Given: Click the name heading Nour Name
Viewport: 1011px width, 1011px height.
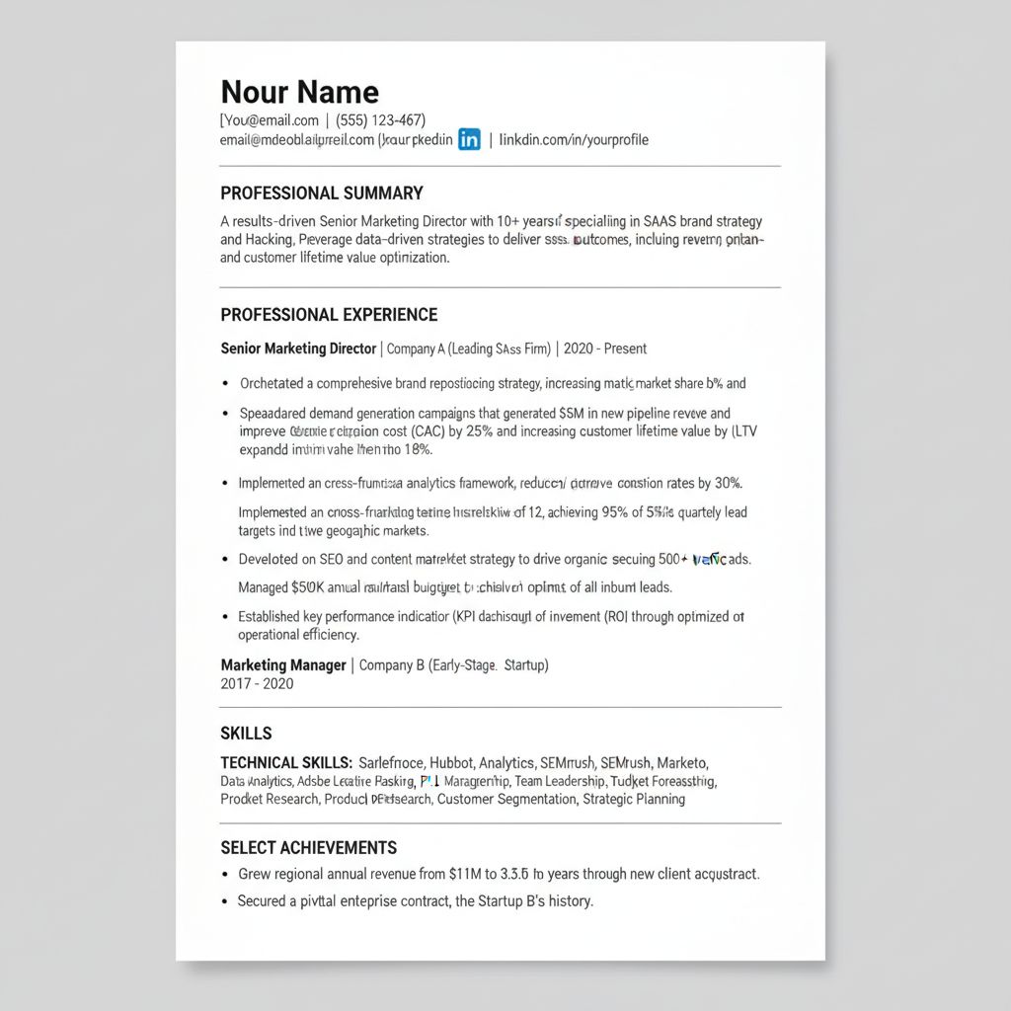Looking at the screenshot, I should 299,92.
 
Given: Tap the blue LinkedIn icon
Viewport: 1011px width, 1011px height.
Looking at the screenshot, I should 470,139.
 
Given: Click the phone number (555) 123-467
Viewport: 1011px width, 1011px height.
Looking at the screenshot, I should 380,120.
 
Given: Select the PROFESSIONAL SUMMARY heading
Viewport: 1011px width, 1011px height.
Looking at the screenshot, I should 322,194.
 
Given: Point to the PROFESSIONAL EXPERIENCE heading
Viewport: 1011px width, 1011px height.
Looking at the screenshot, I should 329,315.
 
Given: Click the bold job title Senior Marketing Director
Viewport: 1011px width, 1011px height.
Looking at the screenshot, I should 298,349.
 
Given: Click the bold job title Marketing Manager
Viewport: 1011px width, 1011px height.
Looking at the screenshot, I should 283,665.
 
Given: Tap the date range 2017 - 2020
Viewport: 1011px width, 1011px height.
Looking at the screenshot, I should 257,684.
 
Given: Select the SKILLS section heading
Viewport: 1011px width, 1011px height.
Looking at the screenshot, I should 246,734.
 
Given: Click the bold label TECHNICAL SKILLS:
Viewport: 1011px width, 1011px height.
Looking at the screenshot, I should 286,763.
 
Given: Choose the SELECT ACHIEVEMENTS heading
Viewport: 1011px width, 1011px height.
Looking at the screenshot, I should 308,848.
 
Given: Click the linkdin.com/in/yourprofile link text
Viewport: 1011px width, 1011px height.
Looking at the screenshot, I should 574,139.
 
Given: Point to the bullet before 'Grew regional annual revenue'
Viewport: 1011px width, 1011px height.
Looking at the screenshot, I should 226,875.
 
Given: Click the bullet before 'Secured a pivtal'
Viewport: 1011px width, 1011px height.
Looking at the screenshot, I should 226,901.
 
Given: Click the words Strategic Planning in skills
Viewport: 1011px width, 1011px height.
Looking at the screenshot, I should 634,799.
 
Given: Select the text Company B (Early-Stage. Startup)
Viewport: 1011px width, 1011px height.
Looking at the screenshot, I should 453,665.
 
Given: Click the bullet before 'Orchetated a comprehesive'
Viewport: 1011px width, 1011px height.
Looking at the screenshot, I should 226,384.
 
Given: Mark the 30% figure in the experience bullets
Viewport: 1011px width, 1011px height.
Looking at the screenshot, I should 727,484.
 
